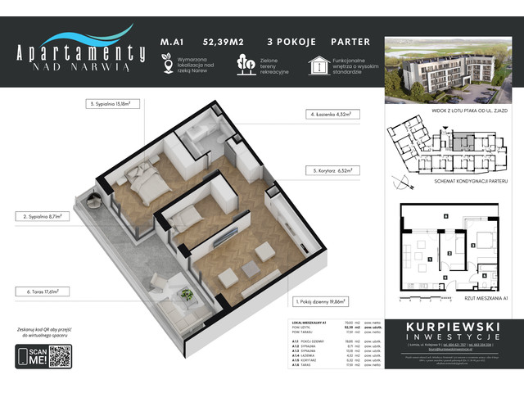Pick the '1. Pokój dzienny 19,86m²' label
323,300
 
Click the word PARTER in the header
351,41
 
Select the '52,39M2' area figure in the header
211,41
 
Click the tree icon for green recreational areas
244,64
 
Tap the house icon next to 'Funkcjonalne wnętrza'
316,65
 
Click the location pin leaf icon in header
167,65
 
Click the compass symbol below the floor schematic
400,178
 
